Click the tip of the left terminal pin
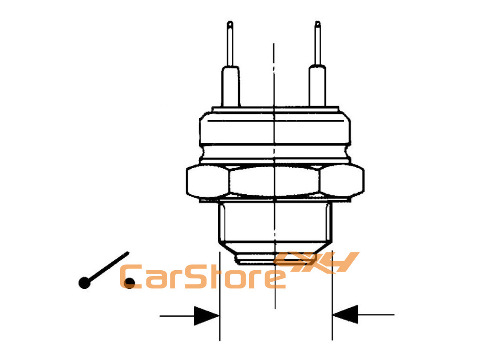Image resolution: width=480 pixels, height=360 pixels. [x=230, y=22]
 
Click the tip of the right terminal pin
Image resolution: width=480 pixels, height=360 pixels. [x=318, y=22]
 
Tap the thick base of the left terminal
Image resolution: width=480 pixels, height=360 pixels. [x=230, y=86]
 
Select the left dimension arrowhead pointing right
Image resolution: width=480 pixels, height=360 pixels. [x=206, y=316]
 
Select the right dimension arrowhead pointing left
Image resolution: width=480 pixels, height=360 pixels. [x=345, y=314]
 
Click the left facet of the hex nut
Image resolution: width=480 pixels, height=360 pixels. [x=207, y=181]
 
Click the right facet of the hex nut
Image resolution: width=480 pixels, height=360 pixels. [x=342, y=180]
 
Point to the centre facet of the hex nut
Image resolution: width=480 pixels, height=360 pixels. [x=274, y=181]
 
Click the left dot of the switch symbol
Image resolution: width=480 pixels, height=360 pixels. [x=84, y=283]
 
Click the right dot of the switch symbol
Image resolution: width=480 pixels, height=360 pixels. [x=130, y=283]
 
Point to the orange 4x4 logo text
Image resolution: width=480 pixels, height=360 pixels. [x=317, y=262]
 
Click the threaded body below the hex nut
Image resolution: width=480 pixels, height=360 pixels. [x=275, y=222]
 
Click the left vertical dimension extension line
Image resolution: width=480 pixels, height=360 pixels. [x=220, y=296]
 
